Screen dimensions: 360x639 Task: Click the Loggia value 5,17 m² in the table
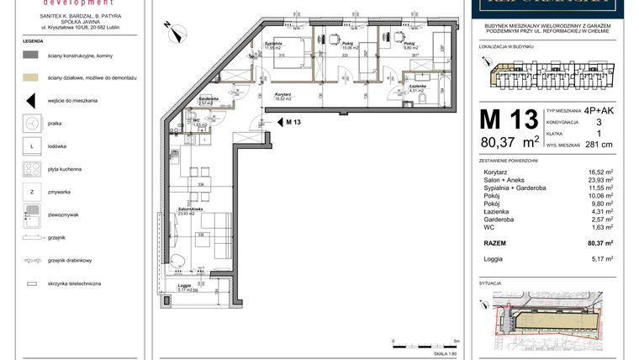tap(600, 259)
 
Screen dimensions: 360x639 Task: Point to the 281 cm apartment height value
tap(598, 145)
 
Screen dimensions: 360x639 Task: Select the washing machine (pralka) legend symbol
tap(32, 124)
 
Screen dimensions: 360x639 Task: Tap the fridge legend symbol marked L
tap(32, 146)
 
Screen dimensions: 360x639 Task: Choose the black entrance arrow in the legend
tap(32, 101)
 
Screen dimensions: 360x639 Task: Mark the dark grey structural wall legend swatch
tap(32, 55)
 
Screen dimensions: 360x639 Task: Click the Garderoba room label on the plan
tap(209, 99)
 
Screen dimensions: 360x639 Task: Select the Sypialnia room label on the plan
tap(272, 43)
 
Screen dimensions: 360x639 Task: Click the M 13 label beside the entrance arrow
tap(293, 123)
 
